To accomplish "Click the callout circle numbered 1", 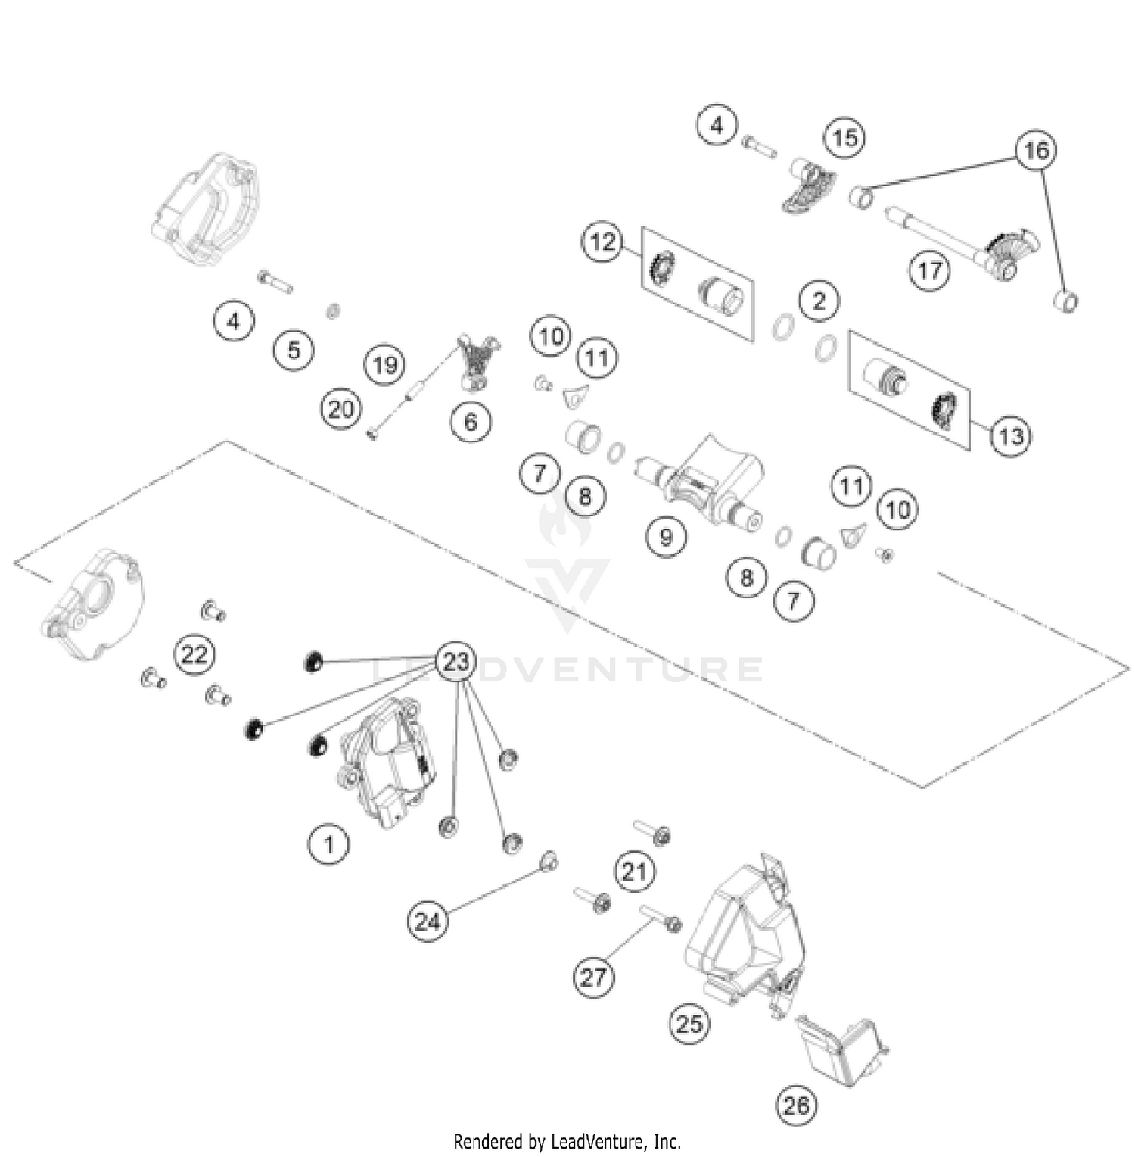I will [328, 843].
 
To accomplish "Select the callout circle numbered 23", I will [456, 662].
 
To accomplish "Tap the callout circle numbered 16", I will [1036, 150].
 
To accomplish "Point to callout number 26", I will [796, 1106].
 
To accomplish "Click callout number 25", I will [689, 1024].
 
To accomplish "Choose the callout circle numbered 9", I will [666, 537].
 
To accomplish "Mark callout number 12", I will [603, 242].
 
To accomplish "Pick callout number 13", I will [1011, 435].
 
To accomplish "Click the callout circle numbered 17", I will [929, 270].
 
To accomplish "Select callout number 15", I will [844, 138].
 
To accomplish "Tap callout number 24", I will [428, 922].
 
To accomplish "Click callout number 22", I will [194, 653].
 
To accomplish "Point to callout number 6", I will [471, 421].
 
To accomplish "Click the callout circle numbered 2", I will [819, 301].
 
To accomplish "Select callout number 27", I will [593, 977].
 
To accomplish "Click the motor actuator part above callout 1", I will [386, 765].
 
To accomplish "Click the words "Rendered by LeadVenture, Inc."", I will [567, 1140].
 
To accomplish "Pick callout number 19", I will [385, 365].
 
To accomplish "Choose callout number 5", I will [294, 350].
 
